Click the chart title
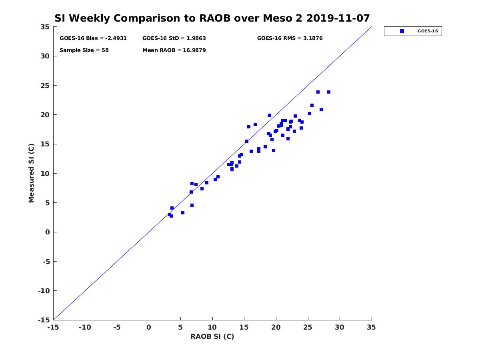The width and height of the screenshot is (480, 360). [x=212, y=18]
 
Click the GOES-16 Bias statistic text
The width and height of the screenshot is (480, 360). [x=93, y=38]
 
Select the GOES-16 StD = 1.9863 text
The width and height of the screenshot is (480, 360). [x=174, y=38]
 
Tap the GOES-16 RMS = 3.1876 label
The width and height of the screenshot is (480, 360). [x=290, y=38]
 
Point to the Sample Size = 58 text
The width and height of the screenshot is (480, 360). [x=84, y=50]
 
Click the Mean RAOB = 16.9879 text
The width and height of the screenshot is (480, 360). [x=174, y=50]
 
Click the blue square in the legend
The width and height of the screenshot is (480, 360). [x=402, y=31]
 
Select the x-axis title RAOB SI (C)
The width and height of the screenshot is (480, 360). [x=212, y=336]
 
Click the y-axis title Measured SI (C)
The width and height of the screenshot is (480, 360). [x=31, y=173]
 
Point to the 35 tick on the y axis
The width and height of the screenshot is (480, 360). [x=45, y=27]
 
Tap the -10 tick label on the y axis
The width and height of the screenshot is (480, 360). [x=43, y=291]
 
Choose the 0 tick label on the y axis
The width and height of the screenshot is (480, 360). [x=47, y=232]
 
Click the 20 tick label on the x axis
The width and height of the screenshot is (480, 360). [x=276, y=327]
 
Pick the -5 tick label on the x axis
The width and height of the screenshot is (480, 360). [x=117, y=327]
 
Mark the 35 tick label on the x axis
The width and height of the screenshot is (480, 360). [x=372, y=327]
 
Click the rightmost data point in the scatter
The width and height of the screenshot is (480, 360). [x=329, y=92]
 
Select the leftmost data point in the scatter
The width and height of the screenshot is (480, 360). [x=170, y=214]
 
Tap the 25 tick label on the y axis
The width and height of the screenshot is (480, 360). [x=45, y=86]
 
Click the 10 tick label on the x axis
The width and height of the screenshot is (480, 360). [x=212, y=327]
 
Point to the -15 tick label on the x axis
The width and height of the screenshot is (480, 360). [x=53, y=327]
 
